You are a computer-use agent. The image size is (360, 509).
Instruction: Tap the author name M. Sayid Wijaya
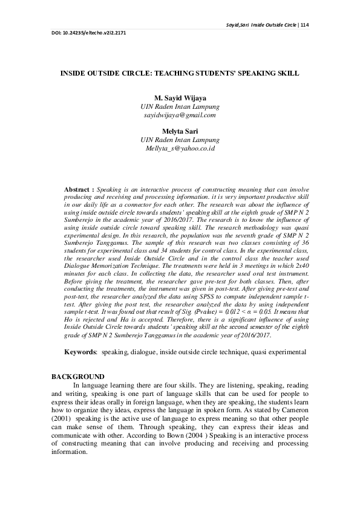tap(179, 97)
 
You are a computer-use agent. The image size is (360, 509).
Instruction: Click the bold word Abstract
tap(79, 189)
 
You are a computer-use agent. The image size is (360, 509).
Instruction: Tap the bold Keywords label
tap(80, 351)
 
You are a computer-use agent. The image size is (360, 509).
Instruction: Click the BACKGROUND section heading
tap(78, 377)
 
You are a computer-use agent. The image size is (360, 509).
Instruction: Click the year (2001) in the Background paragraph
tap(62, 418)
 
